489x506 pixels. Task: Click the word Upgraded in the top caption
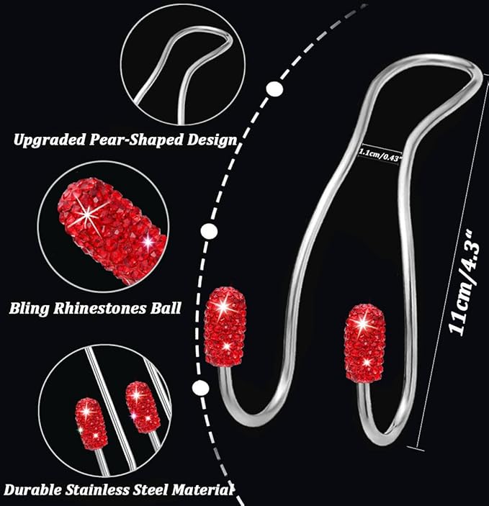(50, 140)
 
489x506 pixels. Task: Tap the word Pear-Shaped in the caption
(137, 140)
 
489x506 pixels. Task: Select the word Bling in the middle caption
(29, 309)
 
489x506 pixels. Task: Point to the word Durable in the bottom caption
(33, 490)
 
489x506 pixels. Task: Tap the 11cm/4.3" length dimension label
(464, 283)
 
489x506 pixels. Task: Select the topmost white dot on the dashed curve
(274, 89)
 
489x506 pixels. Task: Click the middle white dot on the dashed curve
(209, 231)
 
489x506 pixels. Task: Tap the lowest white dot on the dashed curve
(200, 387)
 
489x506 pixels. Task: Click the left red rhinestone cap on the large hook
(225, 326)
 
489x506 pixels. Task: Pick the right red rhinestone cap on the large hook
(364, 343)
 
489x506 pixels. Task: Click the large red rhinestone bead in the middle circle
(112, 232)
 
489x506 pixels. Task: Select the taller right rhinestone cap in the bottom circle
(143, 407)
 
